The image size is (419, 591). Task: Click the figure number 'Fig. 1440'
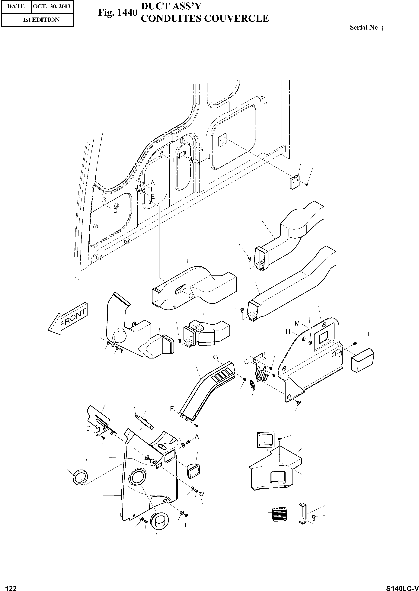[117, 12]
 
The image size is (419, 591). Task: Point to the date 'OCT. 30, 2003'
[52, 6]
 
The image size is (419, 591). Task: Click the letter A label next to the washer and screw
[197, 436]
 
